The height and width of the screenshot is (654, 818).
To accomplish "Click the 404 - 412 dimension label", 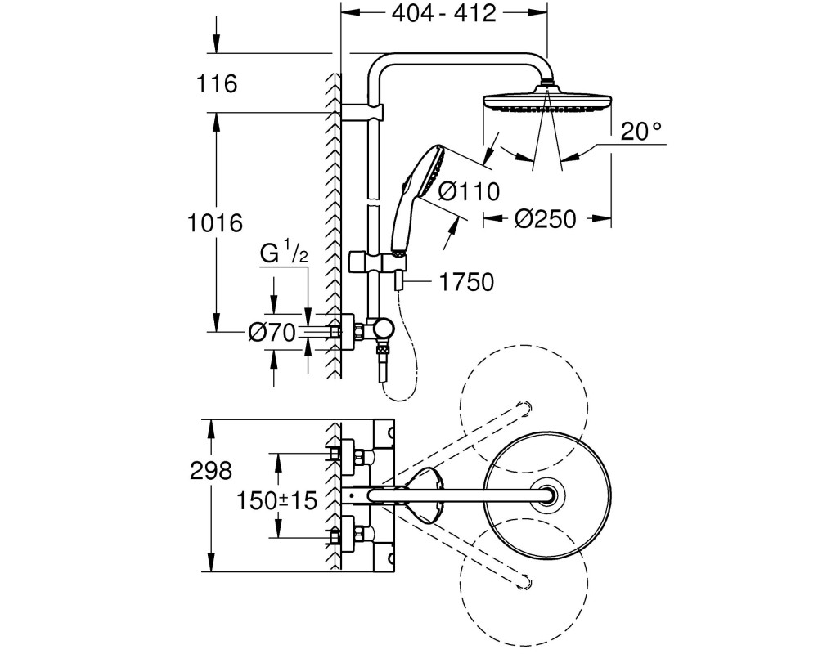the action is click(x=443, y=13).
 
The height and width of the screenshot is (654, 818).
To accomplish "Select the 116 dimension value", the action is click(x=217, y=83).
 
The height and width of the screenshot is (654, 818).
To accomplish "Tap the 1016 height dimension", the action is click(x=215, y=223).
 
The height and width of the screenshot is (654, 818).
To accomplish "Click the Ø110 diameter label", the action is click(x=469, y=192).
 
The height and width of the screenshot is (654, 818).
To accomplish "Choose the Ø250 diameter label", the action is click(x=545, y=219).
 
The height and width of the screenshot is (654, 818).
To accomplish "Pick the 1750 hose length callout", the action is click(x=466, y=282).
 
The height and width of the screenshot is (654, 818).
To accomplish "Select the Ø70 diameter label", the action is click(x=272, y=332).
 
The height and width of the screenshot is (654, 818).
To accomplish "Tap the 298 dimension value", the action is click(x=211, y=471).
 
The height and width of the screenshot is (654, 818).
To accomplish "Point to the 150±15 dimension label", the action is click(x=276, y=500).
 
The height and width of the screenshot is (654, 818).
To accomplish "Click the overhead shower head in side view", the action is click(x=547, y=101).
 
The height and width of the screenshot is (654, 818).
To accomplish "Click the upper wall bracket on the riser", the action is click(x=362, y=112).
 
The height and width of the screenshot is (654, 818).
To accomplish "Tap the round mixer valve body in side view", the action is click(x=384, y=329).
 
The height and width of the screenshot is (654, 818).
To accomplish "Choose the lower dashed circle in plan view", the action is click(x=524, y=583).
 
